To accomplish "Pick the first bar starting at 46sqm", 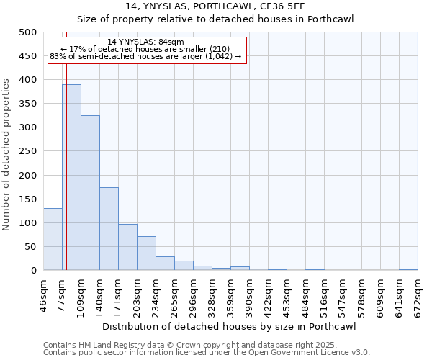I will pos(53,239).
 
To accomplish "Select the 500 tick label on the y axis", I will pos(28,32).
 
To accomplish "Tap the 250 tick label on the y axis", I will pos(28,151).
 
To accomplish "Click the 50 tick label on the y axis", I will pos(31,247).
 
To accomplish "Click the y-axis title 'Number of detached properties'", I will pos(7,151).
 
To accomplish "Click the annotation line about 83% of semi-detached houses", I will pos(145,57).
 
